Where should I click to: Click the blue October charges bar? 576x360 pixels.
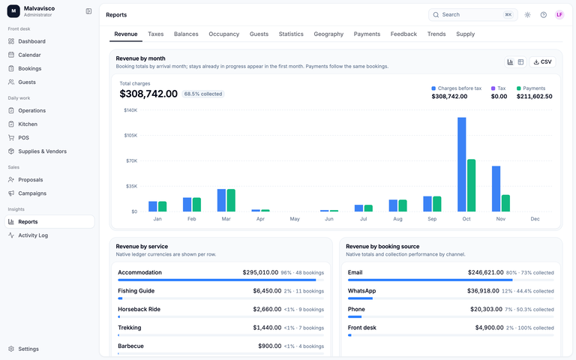462,164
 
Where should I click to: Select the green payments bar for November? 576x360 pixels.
505,203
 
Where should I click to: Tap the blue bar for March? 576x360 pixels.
221,200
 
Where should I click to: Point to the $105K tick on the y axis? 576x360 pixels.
130,136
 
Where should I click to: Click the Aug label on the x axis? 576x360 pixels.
397,219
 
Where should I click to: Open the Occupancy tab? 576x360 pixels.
223,34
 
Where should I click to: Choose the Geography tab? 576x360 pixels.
328,34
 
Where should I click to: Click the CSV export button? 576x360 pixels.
542,61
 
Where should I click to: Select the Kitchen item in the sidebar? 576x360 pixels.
28,124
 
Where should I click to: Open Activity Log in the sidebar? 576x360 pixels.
33,235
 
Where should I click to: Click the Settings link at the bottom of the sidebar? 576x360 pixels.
28,349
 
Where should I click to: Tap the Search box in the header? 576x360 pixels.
472,15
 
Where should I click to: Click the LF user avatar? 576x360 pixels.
559,15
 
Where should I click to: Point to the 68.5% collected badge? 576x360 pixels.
203,94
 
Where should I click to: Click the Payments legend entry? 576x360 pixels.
531,88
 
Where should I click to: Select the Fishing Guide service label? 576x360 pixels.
136,291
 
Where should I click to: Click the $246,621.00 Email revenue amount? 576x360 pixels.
486,272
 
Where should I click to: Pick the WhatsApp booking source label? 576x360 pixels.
361,291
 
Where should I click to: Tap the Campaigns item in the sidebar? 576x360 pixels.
32,193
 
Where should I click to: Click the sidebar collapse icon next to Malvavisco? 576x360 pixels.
88,11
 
